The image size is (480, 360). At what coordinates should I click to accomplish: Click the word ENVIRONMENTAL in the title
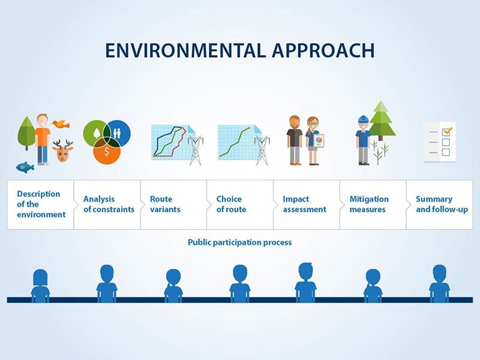(185, 50)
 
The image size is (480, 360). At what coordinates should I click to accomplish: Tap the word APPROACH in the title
(323, 50)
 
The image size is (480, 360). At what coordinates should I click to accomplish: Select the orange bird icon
(61, 124)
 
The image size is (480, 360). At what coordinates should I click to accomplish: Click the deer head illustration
(63, 151)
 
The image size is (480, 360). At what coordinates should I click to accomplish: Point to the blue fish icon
(25, 167)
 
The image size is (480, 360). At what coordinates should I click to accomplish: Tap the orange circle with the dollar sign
(107, 151)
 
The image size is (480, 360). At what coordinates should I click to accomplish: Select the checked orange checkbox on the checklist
(446, 132)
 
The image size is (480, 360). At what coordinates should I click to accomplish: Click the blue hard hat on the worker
(363, 119)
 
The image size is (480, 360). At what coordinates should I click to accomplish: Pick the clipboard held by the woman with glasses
(319, 141)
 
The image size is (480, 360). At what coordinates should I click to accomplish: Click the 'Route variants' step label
(165, 204)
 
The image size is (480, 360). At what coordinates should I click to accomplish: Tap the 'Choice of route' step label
(231, 204)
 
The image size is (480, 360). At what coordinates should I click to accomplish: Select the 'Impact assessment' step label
(304, 204)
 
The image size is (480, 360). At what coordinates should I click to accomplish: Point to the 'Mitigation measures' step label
(369, 204)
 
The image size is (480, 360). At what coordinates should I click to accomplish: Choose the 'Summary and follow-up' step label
(442, 204)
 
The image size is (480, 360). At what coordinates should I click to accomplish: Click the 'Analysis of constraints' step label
(109, 204)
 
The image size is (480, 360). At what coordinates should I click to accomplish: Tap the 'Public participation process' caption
(239, 242)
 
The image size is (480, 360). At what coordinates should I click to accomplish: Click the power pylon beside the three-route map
(196, 150)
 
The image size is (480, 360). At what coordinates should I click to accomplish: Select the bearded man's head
(295, 122)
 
